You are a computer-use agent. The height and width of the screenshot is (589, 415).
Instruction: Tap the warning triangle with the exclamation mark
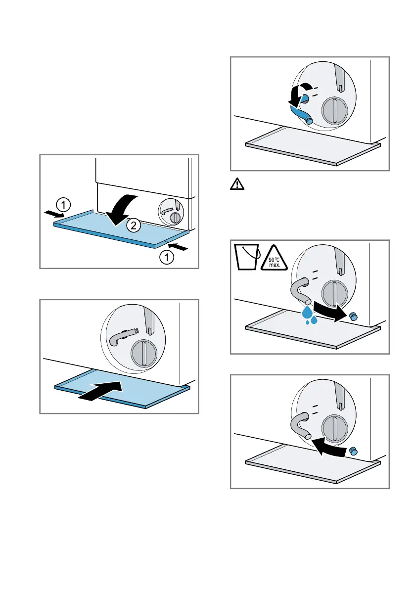(x=237, y=185)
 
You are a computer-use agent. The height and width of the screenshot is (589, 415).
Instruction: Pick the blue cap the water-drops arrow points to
(x=353, y=317)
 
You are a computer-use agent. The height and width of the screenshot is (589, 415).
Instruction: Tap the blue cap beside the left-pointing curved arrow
(x=353, y=451)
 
